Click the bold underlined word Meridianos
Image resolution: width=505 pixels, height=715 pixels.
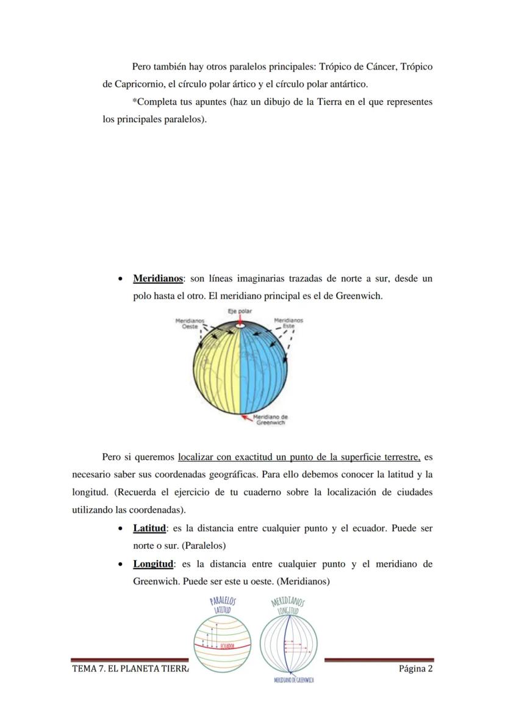(158, 279)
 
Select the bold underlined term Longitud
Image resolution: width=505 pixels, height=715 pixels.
(153, 564)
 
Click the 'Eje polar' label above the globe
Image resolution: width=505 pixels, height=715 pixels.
(240, 311)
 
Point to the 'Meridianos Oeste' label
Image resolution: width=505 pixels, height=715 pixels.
(190, 323)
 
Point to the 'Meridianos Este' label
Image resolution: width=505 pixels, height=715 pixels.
(288, 323)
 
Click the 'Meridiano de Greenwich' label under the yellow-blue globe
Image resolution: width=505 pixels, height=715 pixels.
(270, 420)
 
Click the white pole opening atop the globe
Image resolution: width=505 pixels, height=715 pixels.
(240, 327)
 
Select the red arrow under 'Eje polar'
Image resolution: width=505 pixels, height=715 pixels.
(240, 319)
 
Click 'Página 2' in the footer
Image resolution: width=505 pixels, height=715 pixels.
(415, 669)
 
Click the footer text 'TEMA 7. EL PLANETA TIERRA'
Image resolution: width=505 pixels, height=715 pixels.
(130, 669)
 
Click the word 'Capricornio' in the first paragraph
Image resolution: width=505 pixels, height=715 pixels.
(133, 84)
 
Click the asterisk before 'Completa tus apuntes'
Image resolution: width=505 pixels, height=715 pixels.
(134, 101)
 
